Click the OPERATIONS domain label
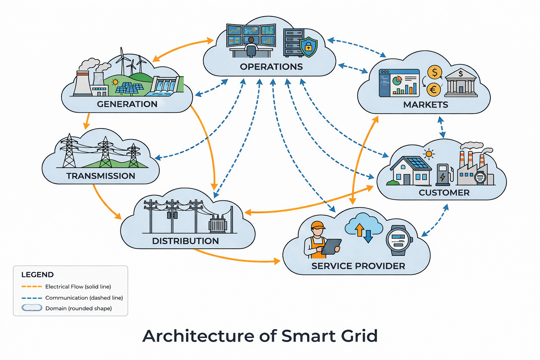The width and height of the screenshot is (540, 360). point(271,67)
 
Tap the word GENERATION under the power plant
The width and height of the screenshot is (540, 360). point(127,104)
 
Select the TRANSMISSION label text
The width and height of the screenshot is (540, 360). point(101,176)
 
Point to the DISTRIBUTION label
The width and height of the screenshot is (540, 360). point(185,241)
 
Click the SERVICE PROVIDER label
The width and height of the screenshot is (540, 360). point(358,266)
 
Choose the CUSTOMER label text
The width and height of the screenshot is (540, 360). point(444,193)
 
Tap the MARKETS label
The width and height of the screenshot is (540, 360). point(425,105)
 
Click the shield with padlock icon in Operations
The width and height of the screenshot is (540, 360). point(308,46)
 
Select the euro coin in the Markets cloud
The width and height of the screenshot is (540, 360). point(433,90)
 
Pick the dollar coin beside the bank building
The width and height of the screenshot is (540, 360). point(435,72)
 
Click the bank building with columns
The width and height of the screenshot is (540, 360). point(461,83)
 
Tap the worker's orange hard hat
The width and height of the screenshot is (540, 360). point(318,225)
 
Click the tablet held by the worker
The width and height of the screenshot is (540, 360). point(331,246)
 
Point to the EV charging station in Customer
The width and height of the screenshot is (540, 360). point(443,174)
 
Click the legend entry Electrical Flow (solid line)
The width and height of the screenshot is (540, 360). point(78,287)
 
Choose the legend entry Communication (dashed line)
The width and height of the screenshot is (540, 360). point(84,298)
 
